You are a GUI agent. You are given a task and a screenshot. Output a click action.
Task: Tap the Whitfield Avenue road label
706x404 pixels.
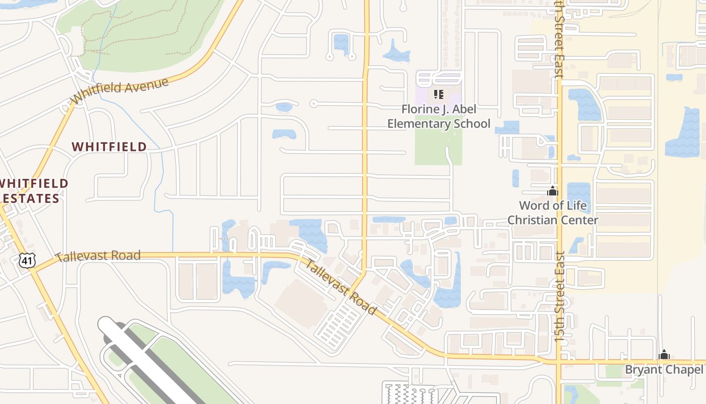click(120, 91)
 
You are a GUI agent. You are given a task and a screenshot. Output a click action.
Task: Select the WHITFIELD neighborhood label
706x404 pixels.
click(109, 147)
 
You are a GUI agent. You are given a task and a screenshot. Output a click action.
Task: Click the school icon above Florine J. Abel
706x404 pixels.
click(438, 94)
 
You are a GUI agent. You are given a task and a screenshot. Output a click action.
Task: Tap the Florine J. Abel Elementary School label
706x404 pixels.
click(439, 117)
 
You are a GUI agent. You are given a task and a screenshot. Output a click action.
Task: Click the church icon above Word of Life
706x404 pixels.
click(553, 191)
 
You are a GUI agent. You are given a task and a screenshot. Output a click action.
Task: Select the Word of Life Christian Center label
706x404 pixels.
click(553, 213)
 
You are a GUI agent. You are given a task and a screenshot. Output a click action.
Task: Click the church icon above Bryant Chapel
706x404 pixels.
click(664, 355)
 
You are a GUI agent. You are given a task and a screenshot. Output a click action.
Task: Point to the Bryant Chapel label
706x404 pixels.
click(664, 370)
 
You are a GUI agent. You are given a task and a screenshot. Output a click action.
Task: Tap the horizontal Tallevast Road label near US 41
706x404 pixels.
click(98, 256)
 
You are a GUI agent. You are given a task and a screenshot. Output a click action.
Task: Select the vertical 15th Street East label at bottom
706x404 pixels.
click(561, 298)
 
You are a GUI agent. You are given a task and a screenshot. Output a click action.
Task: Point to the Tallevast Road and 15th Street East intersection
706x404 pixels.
click(559, 362)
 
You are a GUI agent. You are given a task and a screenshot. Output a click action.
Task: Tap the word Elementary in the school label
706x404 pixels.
click(418, 124)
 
